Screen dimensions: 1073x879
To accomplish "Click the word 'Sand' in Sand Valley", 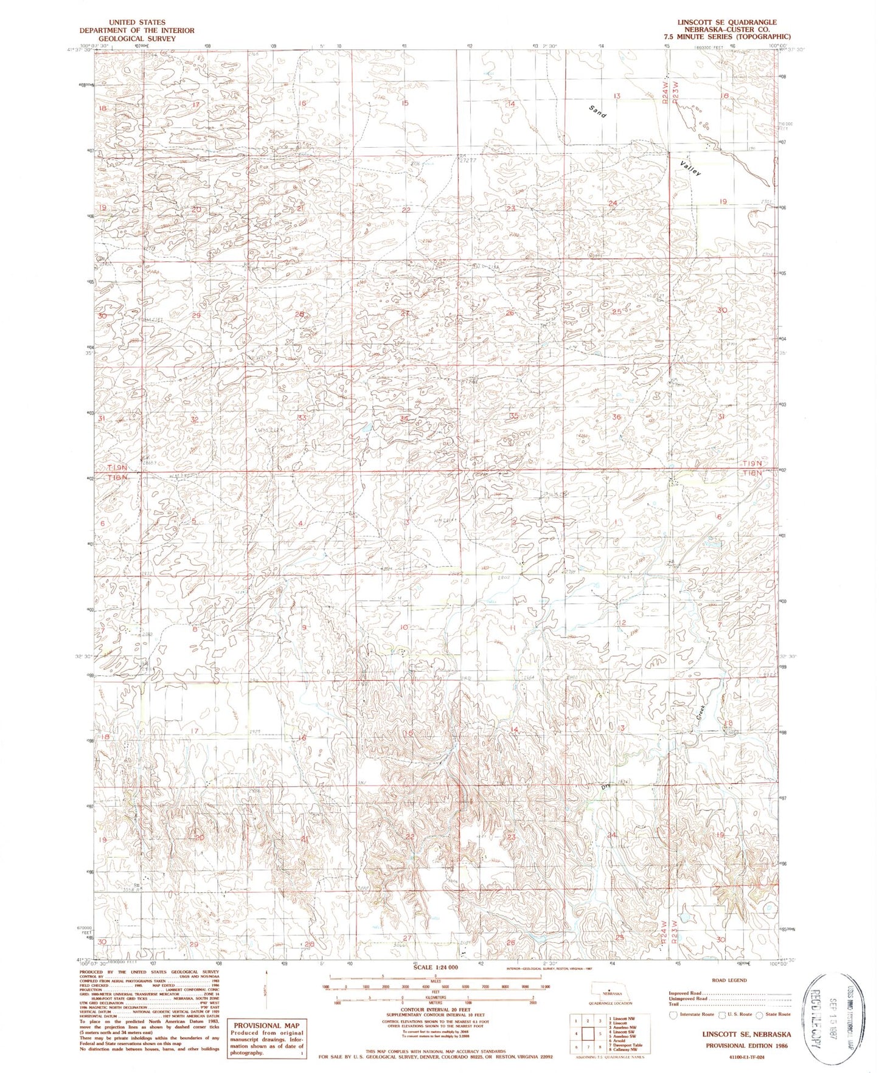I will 597,111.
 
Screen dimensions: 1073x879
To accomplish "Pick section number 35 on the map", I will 514,416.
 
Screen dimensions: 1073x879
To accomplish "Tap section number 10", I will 403,627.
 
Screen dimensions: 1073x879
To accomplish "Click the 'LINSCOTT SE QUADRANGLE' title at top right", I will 727,22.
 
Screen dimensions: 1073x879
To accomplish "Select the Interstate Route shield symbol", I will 673,1015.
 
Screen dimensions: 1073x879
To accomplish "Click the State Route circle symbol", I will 760,1015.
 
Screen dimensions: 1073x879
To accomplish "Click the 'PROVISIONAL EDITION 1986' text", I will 746,1046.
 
